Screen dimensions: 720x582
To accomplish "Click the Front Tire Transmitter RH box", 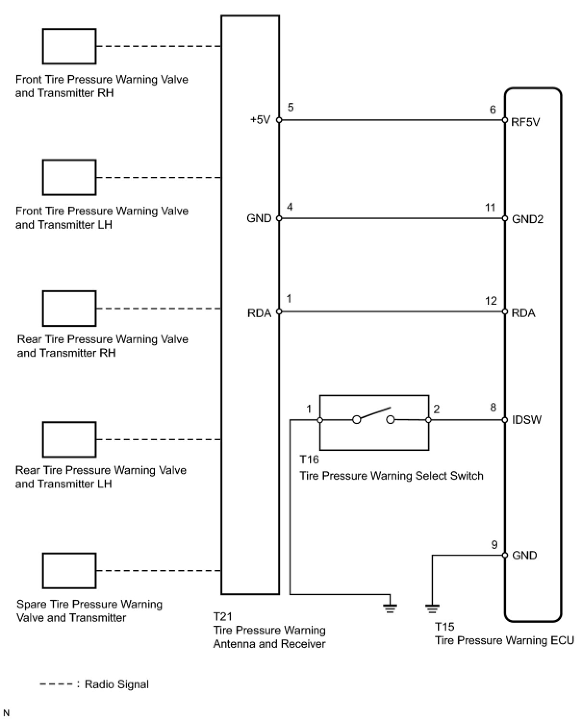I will pos(69,46).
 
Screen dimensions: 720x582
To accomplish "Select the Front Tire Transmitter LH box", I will pos(69,177).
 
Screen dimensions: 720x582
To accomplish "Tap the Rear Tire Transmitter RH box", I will pos(69,309).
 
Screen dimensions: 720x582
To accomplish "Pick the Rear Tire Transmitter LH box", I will pos(69,439).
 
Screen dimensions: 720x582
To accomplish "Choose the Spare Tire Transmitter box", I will pos(69,571).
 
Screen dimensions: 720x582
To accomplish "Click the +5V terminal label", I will pos(260,120).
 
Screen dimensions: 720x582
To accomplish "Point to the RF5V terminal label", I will pos(526,122).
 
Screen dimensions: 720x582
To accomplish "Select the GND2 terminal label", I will pos(528,219).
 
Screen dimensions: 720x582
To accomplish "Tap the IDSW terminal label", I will pos(527,420).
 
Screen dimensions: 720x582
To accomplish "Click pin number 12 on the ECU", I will pos(491,301).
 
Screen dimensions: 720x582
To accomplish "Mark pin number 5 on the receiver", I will pos(291,107).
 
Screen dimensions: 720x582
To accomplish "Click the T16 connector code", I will pos(309,459).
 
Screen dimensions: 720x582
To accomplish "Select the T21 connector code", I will pos(223,616).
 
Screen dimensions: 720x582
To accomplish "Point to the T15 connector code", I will pos(444,627).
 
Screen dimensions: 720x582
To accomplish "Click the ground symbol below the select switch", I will pos(390,607).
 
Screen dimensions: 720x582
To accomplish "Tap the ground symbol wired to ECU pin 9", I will pos(432,608).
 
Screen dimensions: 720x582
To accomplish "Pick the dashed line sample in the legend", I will pos(56,684).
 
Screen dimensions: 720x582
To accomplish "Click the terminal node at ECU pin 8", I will pos(505,420).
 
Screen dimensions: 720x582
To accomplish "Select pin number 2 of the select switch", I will pos(436,409).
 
